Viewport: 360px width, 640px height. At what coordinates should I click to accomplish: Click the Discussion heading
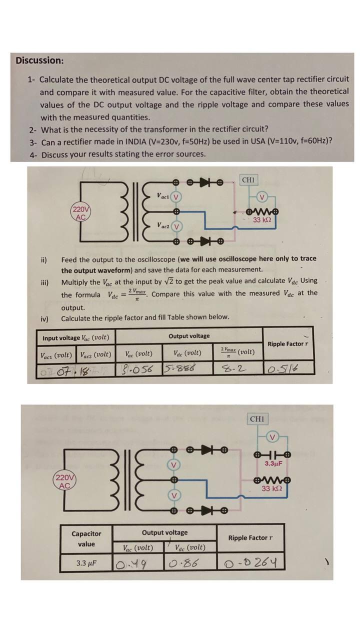39,60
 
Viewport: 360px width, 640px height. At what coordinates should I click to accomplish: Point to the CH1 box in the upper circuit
248,179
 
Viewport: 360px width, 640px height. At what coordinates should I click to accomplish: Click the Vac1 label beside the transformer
162,195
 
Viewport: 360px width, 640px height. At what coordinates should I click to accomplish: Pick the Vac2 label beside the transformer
162,225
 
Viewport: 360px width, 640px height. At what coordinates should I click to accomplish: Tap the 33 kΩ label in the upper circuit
262,220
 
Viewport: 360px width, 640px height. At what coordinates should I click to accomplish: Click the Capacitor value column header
86,539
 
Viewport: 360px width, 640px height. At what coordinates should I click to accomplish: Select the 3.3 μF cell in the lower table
86,563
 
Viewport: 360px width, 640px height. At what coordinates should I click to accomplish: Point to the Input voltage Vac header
76,337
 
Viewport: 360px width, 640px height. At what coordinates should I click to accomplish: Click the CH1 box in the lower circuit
257,419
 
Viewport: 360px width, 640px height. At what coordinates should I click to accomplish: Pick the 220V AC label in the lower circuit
64,481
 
